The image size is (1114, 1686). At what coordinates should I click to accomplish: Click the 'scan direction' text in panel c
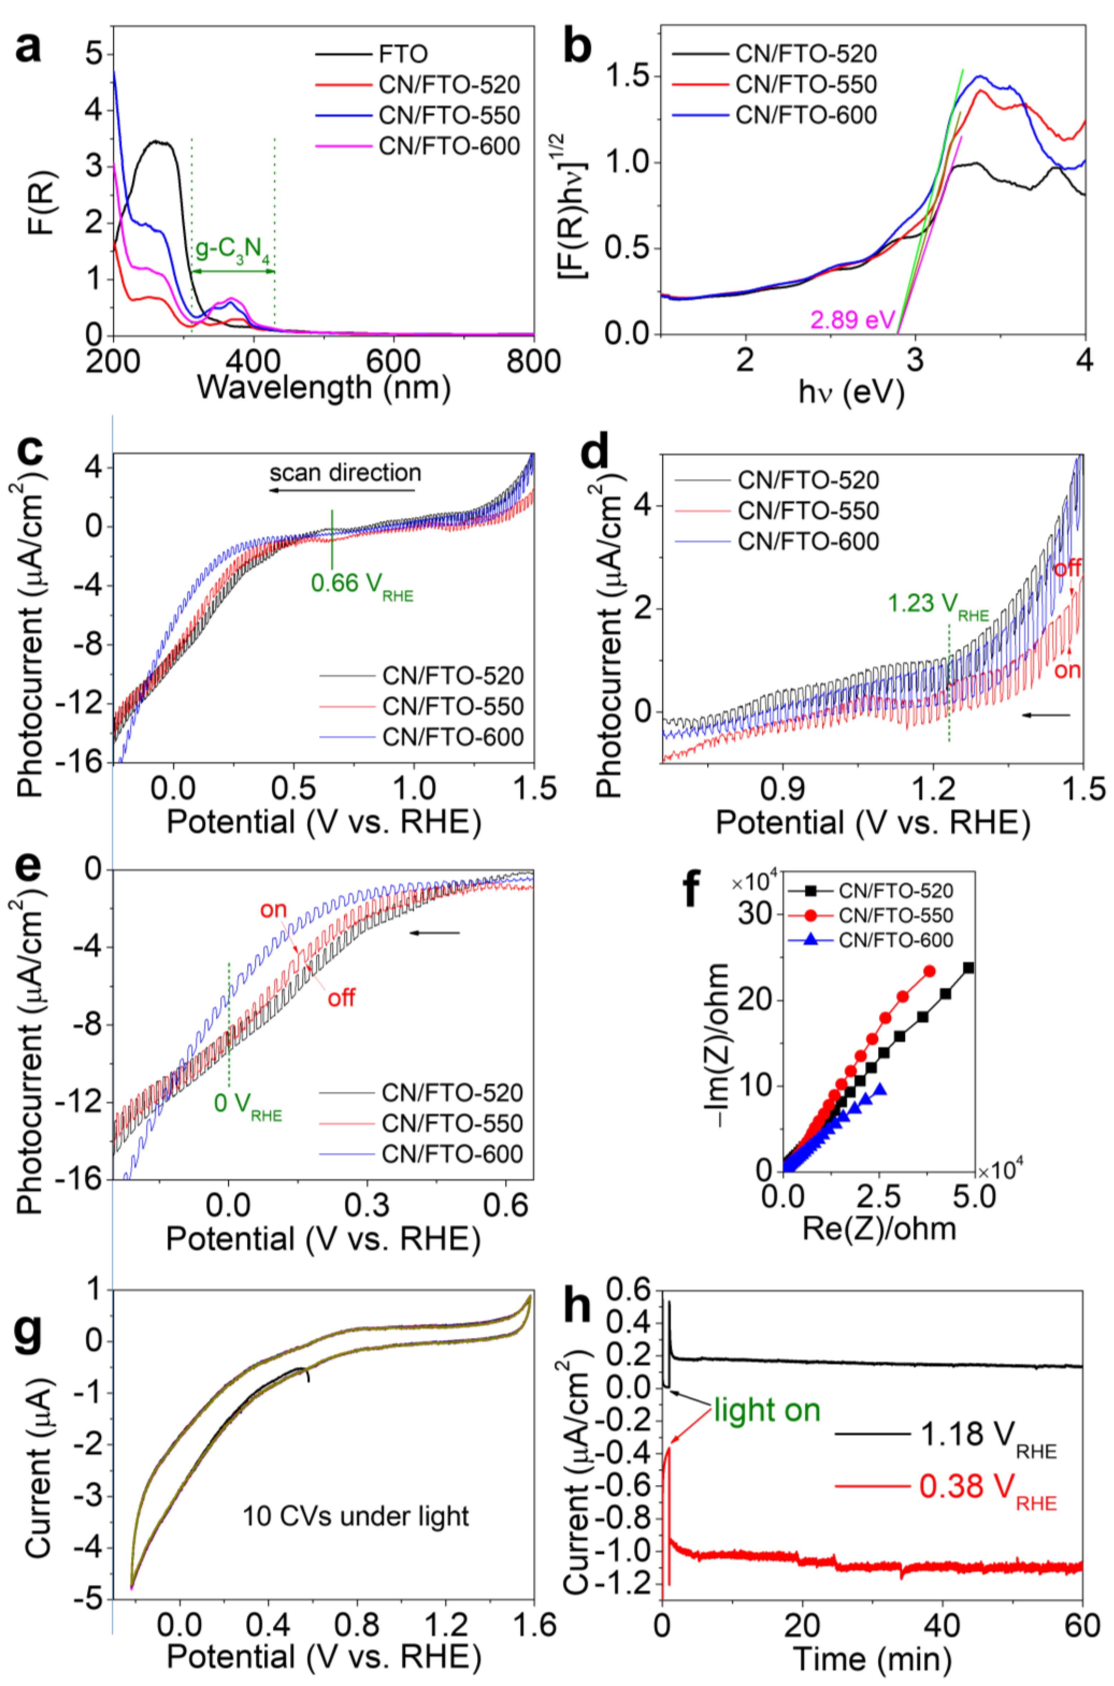pos(345,473)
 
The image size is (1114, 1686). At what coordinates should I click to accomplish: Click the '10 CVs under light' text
pos(355,1517)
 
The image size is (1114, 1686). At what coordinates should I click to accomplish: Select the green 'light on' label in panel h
pos(767,1410)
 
